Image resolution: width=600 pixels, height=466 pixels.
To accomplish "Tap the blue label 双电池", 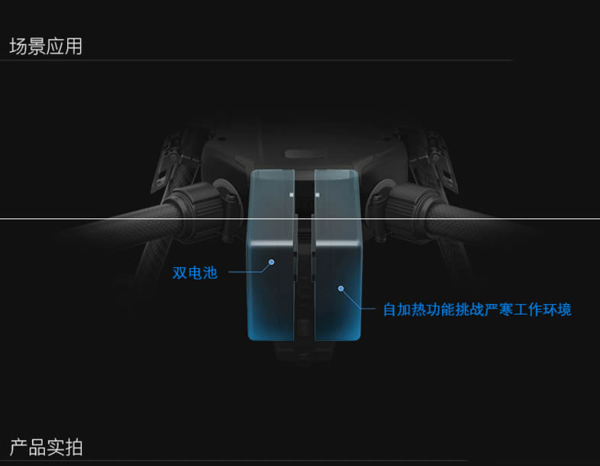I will pos(195,273).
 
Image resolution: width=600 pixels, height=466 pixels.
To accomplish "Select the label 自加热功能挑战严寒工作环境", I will pos(476,310).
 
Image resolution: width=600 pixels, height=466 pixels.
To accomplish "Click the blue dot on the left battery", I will pos(271,262).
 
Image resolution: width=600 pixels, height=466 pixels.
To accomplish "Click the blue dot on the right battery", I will pos(341,289).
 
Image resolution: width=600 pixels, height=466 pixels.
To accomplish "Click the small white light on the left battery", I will pos(291,194).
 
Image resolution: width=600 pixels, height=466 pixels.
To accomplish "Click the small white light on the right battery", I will pos(318,194).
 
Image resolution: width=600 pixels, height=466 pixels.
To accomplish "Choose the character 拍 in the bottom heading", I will pos(73,448).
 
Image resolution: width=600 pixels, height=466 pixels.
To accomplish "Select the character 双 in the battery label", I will pos(180,273).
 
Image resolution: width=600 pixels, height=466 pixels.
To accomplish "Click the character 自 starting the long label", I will pos(390,310).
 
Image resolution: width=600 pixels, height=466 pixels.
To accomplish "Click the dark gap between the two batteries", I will pos(305,290).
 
